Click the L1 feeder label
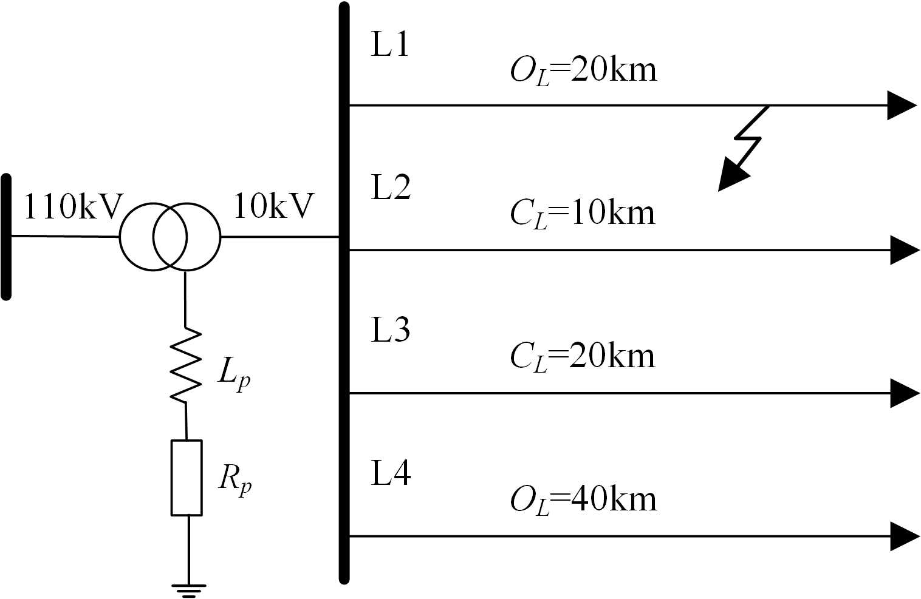coord(390,45)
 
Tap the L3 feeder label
coord(391,330)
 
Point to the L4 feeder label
coord(391,473)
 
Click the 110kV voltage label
coord(73,207)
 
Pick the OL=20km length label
coord(583,71)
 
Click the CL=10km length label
coord(583,214)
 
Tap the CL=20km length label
coord(583,357)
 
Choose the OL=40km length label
coord(583,500)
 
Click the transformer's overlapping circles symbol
coord(169,236)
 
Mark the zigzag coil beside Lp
coord(185,365)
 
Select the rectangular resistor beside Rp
coord(186,478)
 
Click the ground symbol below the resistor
coord(188,589)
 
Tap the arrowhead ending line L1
coord(900,106)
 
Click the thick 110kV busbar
coord(7,237)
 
